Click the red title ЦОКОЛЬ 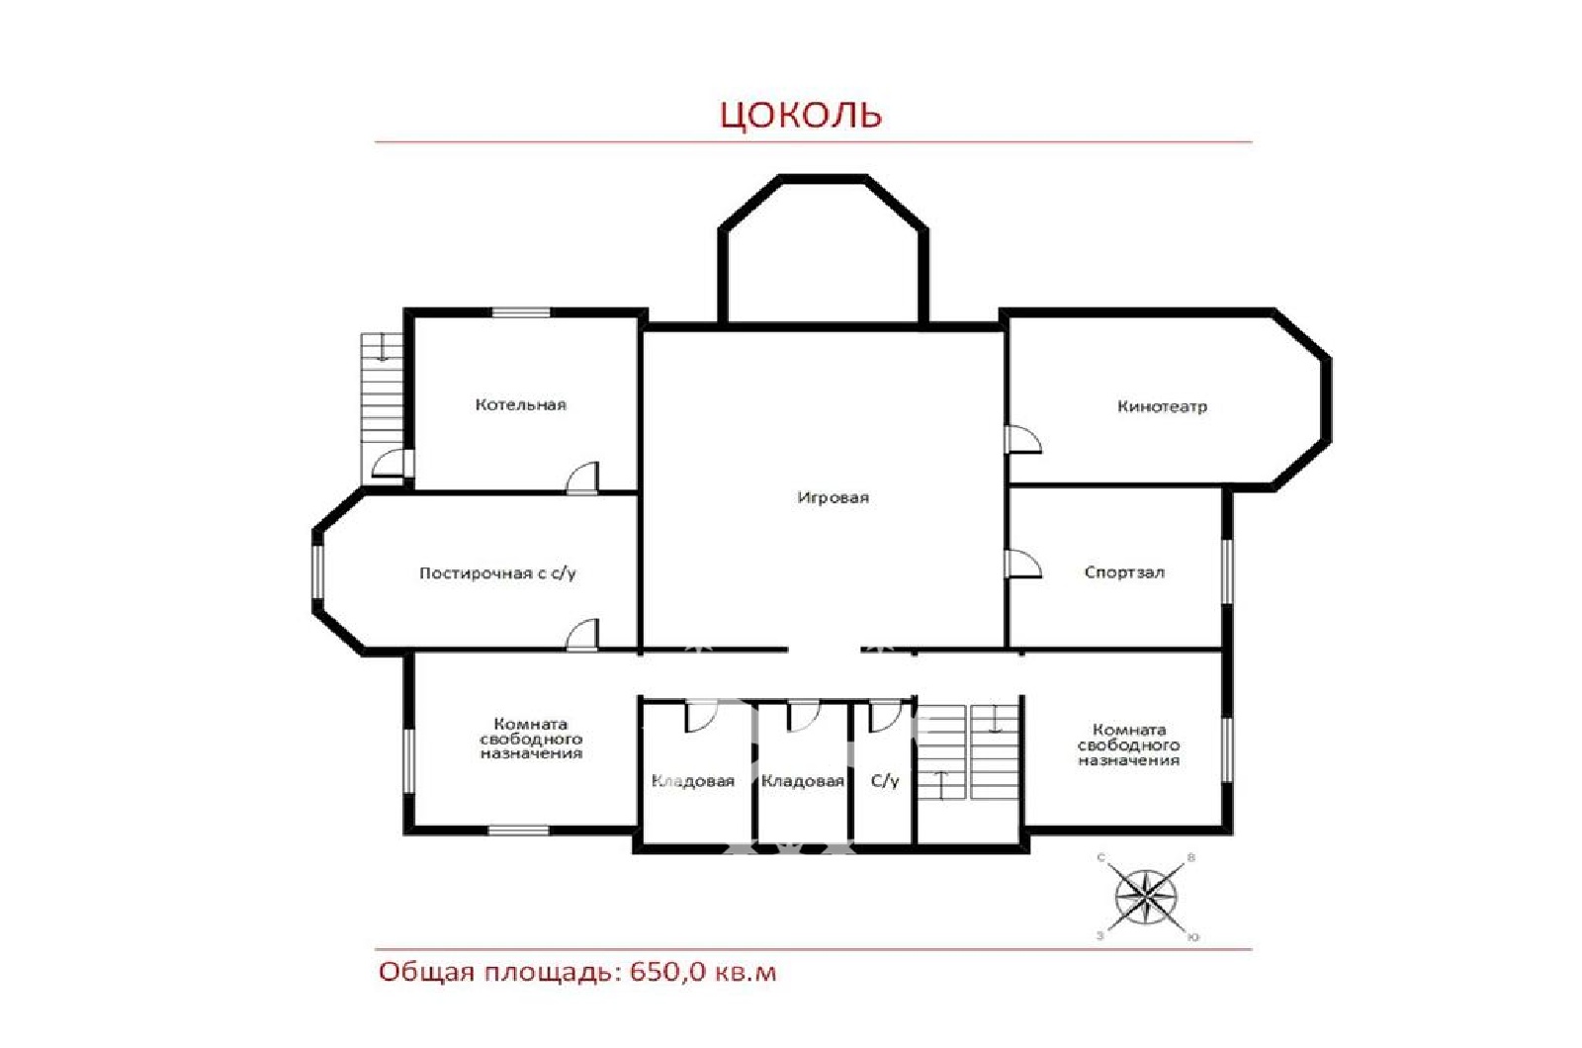point(801,115)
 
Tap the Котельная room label point(520,404)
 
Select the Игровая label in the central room point(833,497)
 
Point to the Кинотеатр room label point(1162,406)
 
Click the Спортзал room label point(1124,572)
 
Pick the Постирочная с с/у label point(498,572)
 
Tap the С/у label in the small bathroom point(885,780)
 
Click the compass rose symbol point(1146,898)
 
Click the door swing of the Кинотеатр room point(1022,439)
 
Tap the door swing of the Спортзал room point(1022,564)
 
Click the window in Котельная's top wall point(520,312)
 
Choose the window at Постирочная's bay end point(317,572)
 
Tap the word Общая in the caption point(426,973)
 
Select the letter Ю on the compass point(1192,938)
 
